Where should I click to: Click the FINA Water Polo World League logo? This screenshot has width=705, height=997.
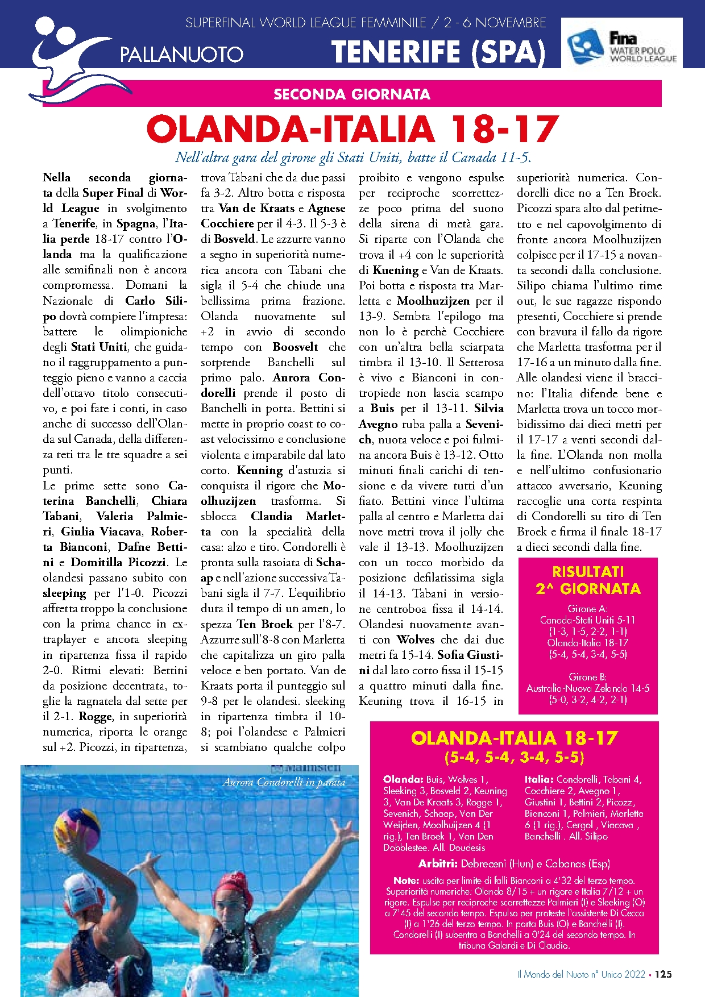tap(621, 43)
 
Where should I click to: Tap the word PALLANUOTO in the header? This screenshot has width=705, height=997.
tap(181, 55)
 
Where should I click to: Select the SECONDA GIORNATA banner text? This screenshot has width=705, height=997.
tap(352, 94)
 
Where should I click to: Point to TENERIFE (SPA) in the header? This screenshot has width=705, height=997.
tap(438, 52)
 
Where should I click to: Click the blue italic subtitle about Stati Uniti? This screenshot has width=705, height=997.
tap(353, 157)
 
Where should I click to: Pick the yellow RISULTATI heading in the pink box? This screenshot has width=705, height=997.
tap(588, 572)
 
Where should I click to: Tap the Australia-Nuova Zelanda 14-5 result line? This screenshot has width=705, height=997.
tap(588, 688)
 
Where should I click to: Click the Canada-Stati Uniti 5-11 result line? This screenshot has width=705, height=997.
tap(588, 620)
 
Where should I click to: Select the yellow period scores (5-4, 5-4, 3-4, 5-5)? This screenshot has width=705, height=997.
tap(514, 758)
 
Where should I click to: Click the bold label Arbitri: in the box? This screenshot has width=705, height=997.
tap(438, 863)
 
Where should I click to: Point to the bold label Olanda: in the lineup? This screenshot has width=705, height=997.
tap(403, 779)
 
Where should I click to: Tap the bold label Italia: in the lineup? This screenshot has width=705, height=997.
tap(539, 779)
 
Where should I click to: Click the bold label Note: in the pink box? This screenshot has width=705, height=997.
tap(406, 880)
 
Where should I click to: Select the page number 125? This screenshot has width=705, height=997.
tap(663, 974)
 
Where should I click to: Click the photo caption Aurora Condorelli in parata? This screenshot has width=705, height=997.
tap(284, 782)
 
